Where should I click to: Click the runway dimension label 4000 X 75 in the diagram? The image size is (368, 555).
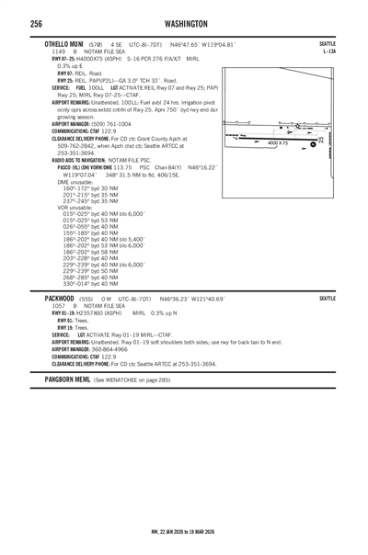278,144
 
